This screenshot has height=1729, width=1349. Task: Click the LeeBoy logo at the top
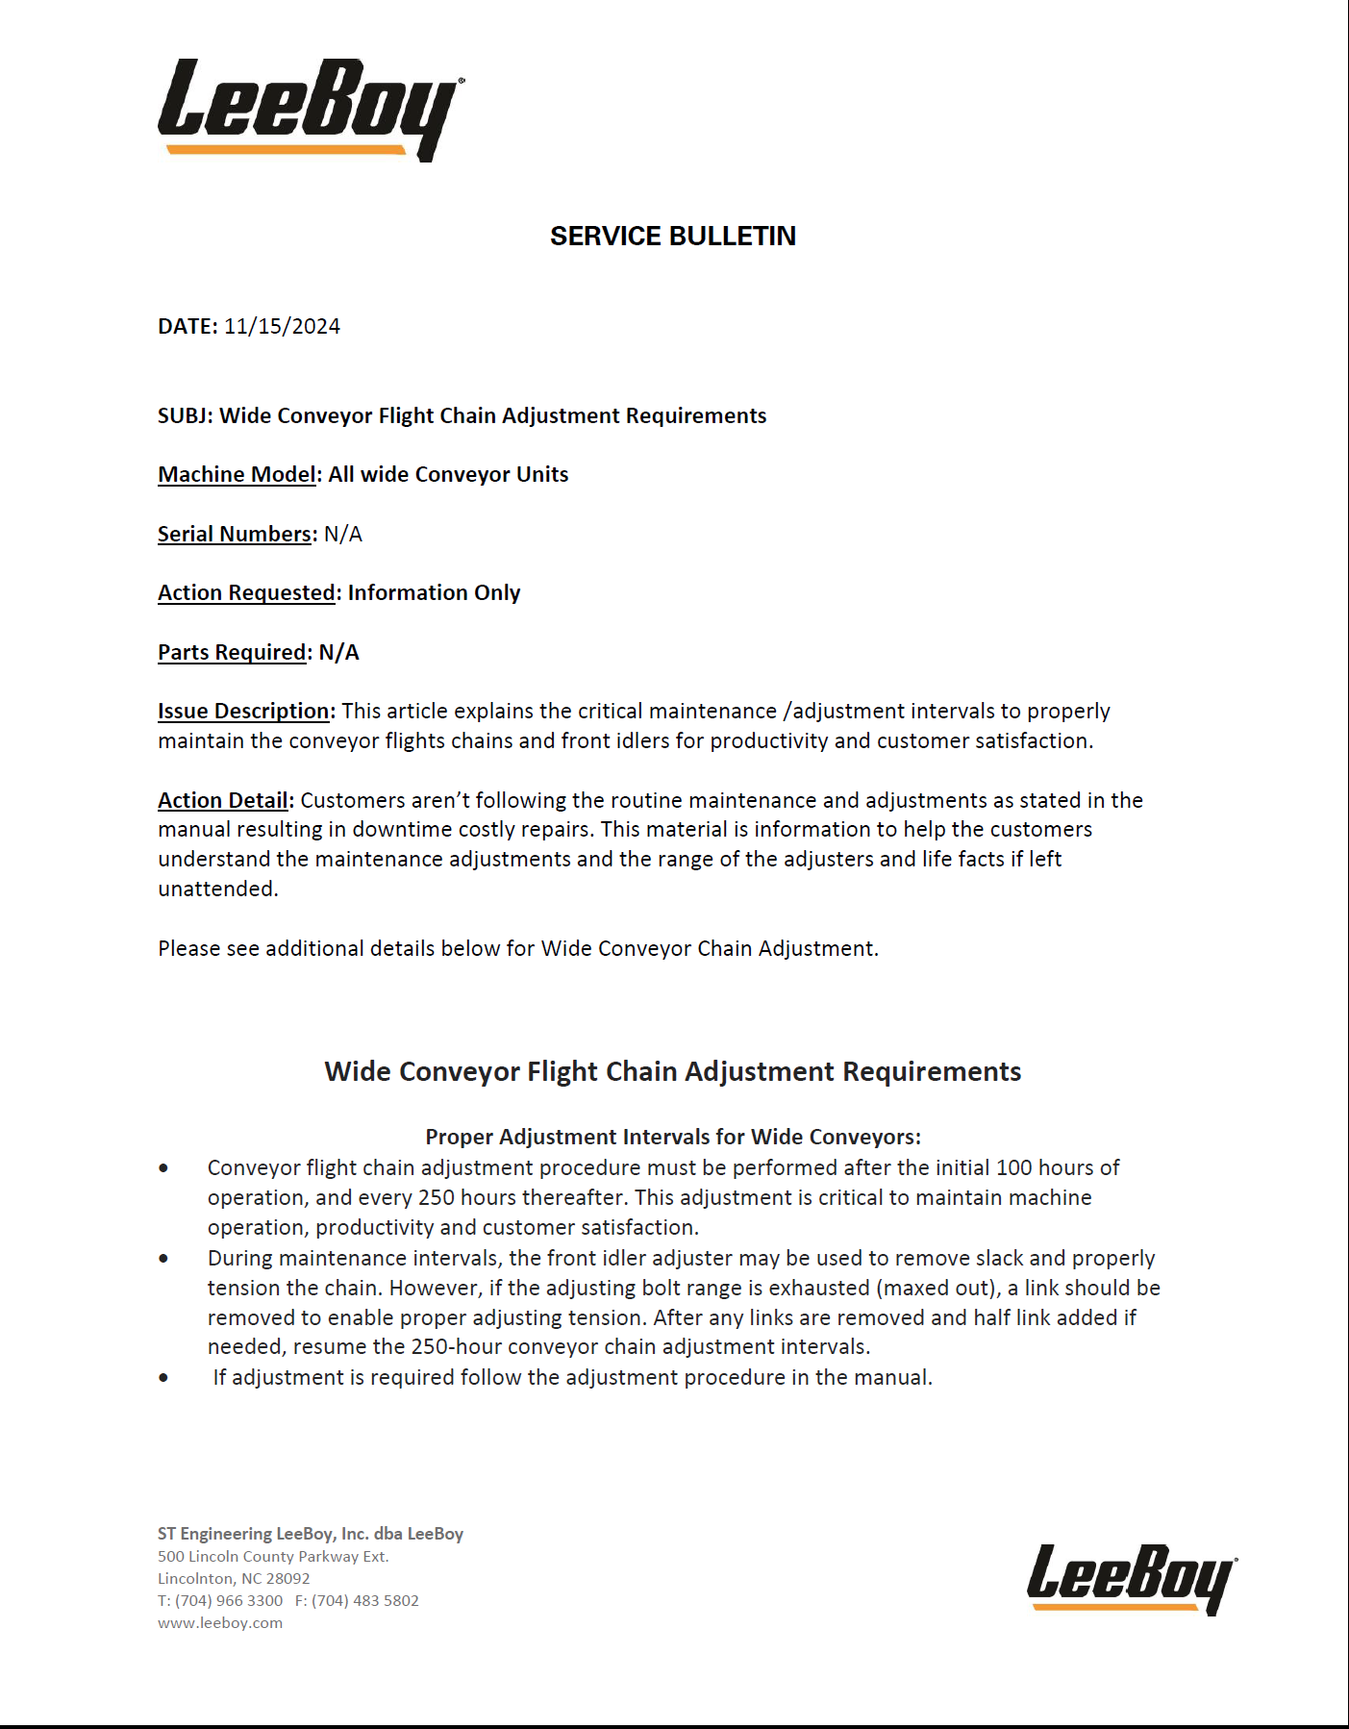(x=310, y=108)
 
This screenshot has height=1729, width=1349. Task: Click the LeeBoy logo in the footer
(x=1131, y=1578)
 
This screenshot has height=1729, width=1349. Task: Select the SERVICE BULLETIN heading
(x=673, y=237)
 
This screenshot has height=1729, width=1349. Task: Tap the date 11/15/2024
(x=282, y=327)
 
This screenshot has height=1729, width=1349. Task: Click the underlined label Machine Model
(x=237, y=475)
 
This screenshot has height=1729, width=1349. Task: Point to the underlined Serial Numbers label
(x=235, y=535)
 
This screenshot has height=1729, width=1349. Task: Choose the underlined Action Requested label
(x=246, y=593)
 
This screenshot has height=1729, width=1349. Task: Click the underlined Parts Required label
(x=232, y=653)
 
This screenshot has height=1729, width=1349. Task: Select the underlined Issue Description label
(x=244, y=712)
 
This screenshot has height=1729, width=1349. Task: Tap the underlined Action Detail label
(x=223, y=801)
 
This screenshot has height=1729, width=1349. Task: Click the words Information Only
(x=434, y=593)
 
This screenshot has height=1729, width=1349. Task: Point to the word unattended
(x=217, y=890)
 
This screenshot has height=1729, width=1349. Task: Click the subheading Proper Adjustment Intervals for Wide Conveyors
(x=673, y=1138)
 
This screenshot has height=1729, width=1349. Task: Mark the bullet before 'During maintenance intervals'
(x=163, y=1258)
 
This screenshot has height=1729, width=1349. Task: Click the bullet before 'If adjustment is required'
(x=163, y=1378)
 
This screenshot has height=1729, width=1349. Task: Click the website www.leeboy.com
(x=220, y=1623)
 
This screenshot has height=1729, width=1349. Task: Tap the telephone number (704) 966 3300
(x=229, y=1601)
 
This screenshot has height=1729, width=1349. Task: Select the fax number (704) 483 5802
(x=365, y=1601)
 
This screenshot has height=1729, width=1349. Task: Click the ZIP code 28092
(x=288, y=1579)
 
